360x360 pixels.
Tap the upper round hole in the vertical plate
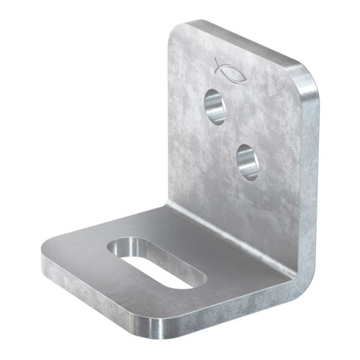(215, 107)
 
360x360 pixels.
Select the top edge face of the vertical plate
(242, 44)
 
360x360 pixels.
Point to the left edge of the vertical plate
(170, 118)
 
